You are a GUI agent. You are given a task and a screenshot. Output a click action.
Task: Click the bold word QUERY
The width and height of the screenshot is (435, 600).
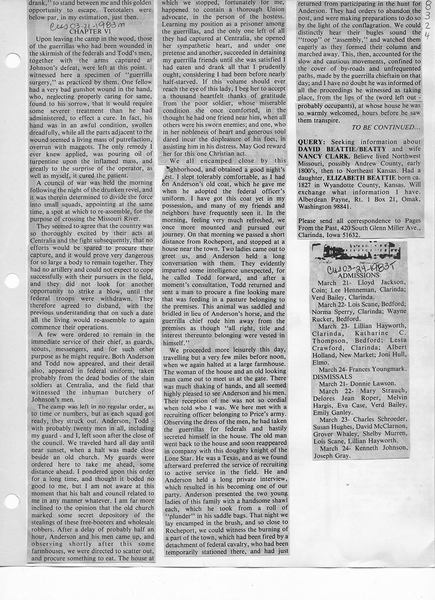[312, 142]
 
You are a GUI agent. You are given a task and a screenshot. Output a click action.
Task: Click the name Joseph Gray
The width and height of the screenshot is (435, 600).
[332, 456]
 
